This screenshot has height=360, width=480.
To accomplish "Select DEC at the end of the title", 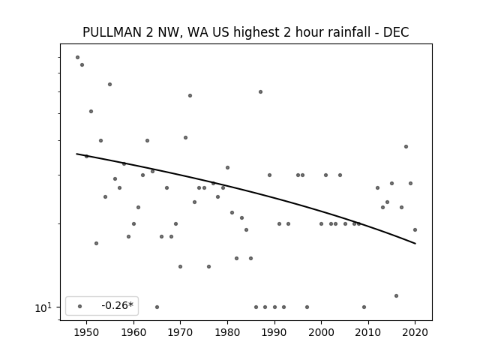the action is point(396,32).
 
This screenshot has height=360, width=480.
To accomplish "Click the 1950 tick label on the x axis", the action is point(87,332).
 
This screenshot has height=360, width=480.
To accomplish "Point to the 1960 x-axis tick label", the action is point(133,332).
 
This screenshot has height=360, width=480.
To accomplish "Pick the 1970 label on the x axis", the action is point(181,332).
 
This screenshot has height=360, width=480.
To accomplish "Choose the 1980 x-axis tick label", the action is point(227,332).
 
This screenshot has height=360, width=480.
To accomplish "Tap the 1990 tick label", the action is point(274,332).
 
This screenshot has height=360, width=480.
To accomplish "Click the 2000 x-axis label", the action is point(322,332).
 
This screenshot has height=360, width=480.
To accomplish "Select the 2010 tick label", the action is point(368,332).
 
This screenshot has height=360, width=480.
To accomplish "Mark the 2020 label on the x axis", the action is point(415,332).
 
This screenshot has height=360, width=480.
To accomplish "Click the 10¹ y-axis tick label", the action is point(43,307).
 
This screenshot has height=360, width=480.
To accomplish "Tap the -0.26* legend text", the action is point(118,305).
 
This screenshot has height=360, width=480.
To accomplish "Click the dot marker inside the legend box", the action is point(80,306).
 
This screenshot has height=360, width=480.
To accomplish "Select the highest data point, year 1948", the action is point(77,57).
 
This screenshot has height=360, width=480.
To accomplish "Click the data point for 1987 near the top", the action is point(260,91).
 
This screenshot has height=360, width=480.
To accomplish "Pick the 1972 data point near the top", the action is point(190,95).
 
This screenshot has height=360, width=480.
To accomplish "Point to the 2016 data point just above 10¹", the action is point(397,295).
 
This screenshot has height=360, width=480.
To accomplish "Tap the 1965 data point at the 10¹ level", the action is point(157,307).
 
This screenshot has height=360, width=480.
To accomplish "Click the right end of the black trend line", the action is point(415,244).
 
